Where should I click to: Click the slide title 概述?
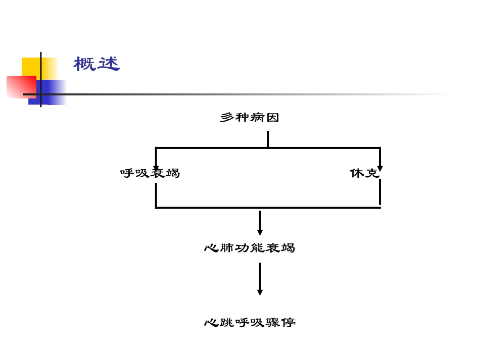(x=97, y=64)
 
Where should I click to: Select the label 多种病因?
(x=250, y=118)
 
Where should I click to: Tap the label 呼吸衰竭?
(x=150, y=173)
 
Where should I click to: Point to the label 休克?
(x=364, y=173)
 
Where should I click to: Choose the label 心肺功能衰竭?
(x=250, y=248)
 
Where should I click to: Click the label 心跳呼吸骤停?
(x=250, y=322)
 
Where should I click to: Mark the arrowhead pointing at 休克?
(x=380, y=168)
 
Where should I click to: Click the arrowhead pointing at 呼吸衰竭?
(x=156, y=168)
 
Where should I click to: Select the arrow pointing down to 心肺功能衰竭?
(x=260, y=223)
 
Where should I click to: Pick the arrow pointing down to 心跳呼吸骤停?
(x=260, y=279)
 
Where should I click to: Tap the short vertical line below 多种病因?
(x=268, y=139)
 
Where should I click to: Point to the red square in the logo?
(x=20, y=86)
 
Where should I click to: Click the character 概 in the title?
(x=85, y=64)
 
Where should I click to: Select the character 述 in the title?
(x=109, y=64)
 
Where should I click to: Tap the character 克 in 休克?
(x=372, y=173)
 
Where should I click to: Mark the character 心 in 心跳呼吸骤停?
(x=211, y=322)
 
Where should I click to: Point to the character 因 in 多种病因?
(x=272, y=118)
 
